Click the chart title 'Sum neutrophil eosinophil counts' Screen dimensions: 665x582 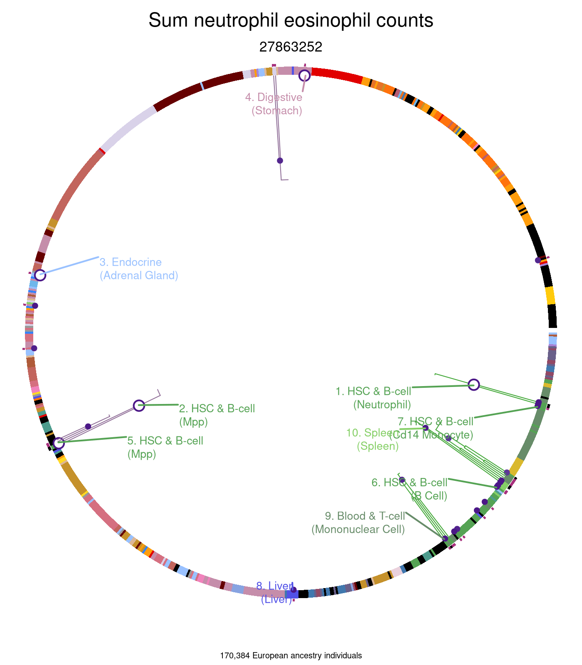[291, 21]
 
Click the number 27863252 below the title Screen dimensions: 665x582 [291, 47]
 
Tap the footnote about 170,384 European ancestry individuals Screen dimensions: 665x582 [291, 656]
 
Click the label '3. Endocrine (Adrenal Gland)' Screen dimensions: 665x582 [139, 269]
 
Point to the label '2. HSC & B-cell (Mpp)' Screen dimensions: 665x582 [217, 415]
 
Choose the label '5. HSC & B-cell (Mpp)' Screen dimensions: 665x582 [165, 447]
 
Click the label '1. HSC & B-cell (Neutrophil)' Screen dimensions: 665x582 [373, 398]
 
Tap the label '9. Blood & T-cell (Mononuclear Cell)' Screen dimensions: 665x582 [358, 523]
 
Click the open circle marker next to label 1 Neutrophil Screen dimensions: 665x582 [474, 385]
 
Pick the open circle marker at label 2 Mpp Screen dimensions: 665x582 [139, 405]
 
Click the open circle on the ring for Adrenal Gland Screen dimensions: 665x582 [40, 275]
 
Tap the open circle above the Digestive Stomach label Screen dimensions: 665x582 [305, 76]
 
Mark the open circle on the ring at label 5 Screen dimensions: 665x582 [59, 443]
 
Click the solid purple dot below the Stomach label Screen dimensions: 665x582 [280, 160]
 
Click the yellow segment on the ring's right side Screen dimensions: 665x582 [550, 296]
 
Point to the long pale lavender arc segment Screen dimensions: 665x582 [129, 128]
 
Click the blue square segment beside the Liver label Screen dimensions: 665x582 [292, 595]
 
